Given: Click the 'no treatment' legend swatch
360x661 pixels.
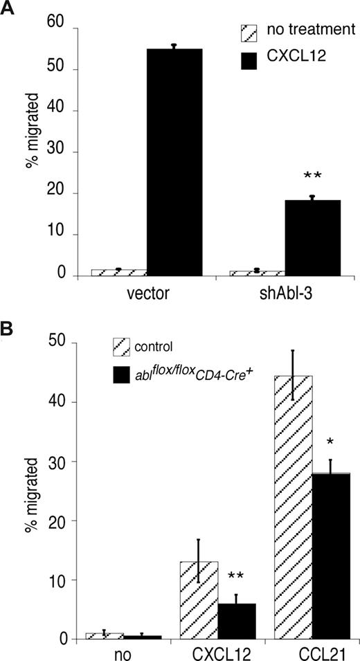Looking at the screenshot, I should tap(248, 32).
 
